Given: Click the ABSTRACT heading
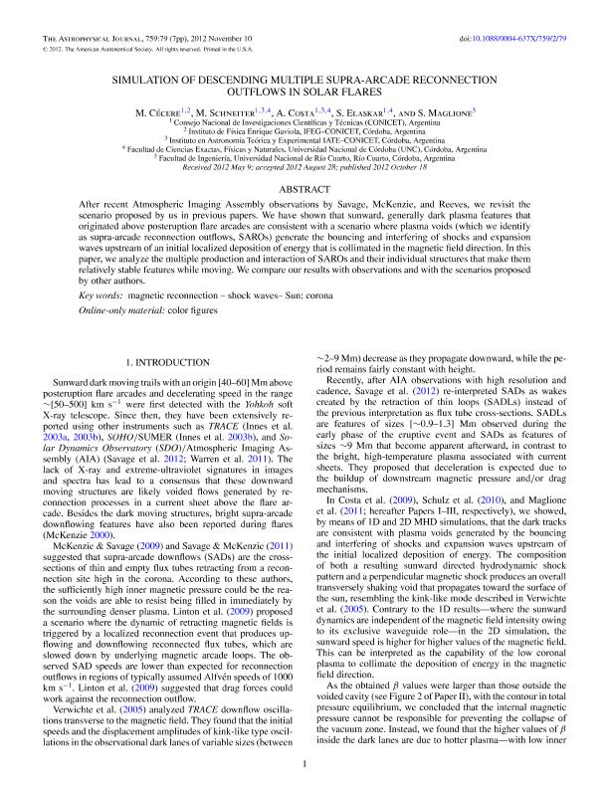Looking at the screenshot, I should click(x=304, y=188).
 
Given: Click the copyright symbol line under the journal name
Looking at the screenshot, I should click(x=149, y=48).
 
